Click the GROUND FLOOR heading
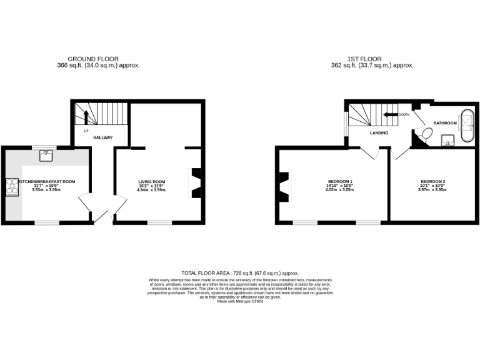tap(97, 59)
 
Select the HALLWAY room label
tap(102, 137)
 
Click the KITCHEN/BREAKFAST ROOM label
tap(47, 181)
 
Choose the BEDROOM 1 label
tap(339, 181)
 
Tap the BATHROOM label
tap(446, 123)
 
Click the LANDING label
tap(379, 133)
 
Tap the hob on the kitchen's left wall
tap(11, 187)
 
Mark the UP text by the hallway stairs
tap(86, 130)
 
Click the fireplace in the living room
tap(196, 183)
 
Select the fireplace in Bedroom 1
tap(285, 186)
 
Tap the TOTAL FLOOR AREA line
tap(240, 273)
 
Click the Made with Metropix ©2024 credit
tap(240, 301)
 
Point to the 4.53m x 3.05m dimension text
tap(339, 189)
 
